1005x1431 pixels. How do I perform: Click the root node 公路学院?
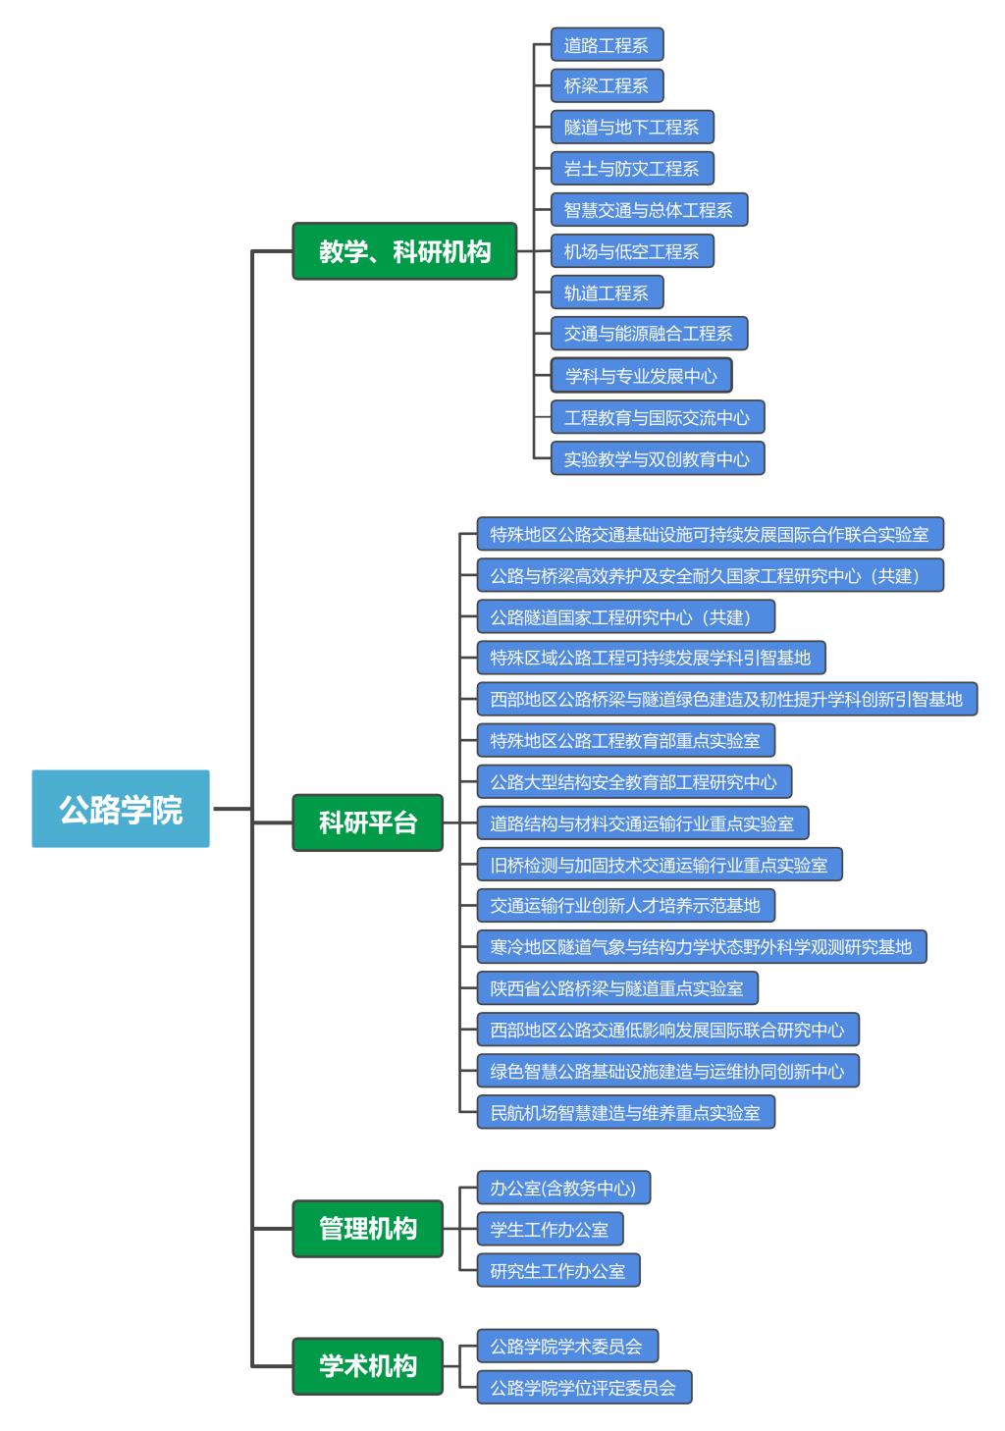pos(121,809)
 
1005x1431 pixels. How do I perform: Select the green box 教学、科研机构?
pos(404,251)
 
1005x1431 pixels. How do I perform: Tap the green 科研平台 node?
pos(368,822)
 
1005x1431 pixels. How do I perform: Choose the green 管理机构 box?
pos(368,1228)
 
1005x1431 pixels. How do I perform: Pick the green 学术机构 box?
pos(368,1365)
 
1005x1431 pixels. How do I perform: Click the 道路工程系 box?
pos(607,45)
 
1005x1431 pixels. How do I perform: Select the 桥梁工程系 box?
pos(607,85)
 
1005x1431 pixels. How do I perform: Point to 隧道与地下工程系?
pos(631,127)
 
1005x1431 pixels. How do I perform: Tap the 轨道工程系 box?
pos(607,292)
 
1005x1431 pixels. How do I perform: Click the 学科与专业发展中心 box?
pos(641,376)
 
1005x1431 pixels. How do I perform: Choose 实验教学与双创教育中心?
pos(657,458)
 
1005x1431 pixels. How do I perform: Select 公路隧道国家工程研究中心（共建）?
pos(625,617)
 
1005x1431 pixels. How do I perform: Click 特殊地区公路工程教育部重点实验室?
pos(625,740)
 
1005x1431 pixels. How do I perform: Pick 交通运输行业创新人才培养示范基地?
pos(625,905)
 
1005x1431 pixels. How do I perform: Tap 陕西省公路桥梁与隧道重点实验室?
pos(617,988)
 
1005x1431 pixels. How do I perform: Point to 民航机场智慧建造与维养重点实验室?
pos(625,1112)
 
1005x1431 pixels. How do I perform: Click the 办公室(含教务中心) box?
pos(563,1188)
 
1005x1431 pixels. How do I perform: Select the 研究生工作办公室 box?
pos(557,1270)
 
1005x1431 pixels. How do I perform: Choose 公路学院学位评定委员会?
pos(584,1387)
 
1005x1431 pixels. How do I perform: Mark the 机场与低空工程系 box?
pos(631,251)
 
